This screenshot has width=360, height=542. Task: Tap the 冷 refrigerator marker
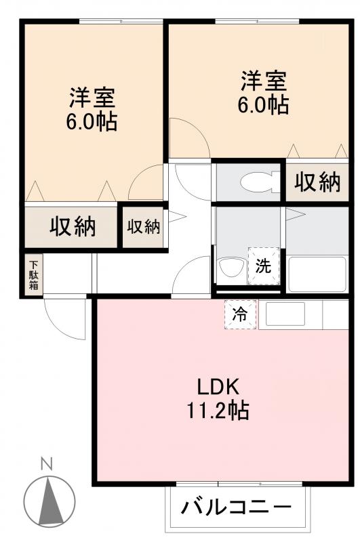240,314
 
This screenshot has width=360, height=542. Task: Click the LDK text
218,387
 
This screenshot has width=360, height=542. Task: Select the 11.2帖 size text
218,411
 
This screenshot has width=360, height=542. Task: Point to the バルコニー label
237,506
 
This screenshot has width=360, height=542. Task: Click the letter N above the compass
46,465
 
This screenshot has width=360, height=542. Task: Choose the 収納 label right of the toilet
316,182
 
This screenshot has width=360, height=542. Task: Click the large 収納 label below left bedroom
72,226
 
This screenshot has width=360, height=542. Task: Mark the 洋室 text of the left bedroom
92,98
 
